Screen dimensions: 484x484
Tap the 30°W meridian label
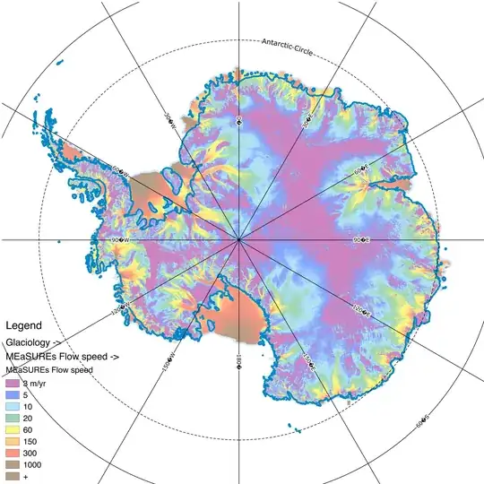pos(169,119)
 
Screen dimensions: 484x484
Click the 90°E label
pos(360,240)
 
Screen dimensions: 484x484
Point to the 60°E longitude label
pos(360,170)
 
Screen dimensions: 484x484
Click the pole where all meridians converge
pos(239,240)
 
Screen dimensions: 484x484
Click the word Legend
pos(23,324)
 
